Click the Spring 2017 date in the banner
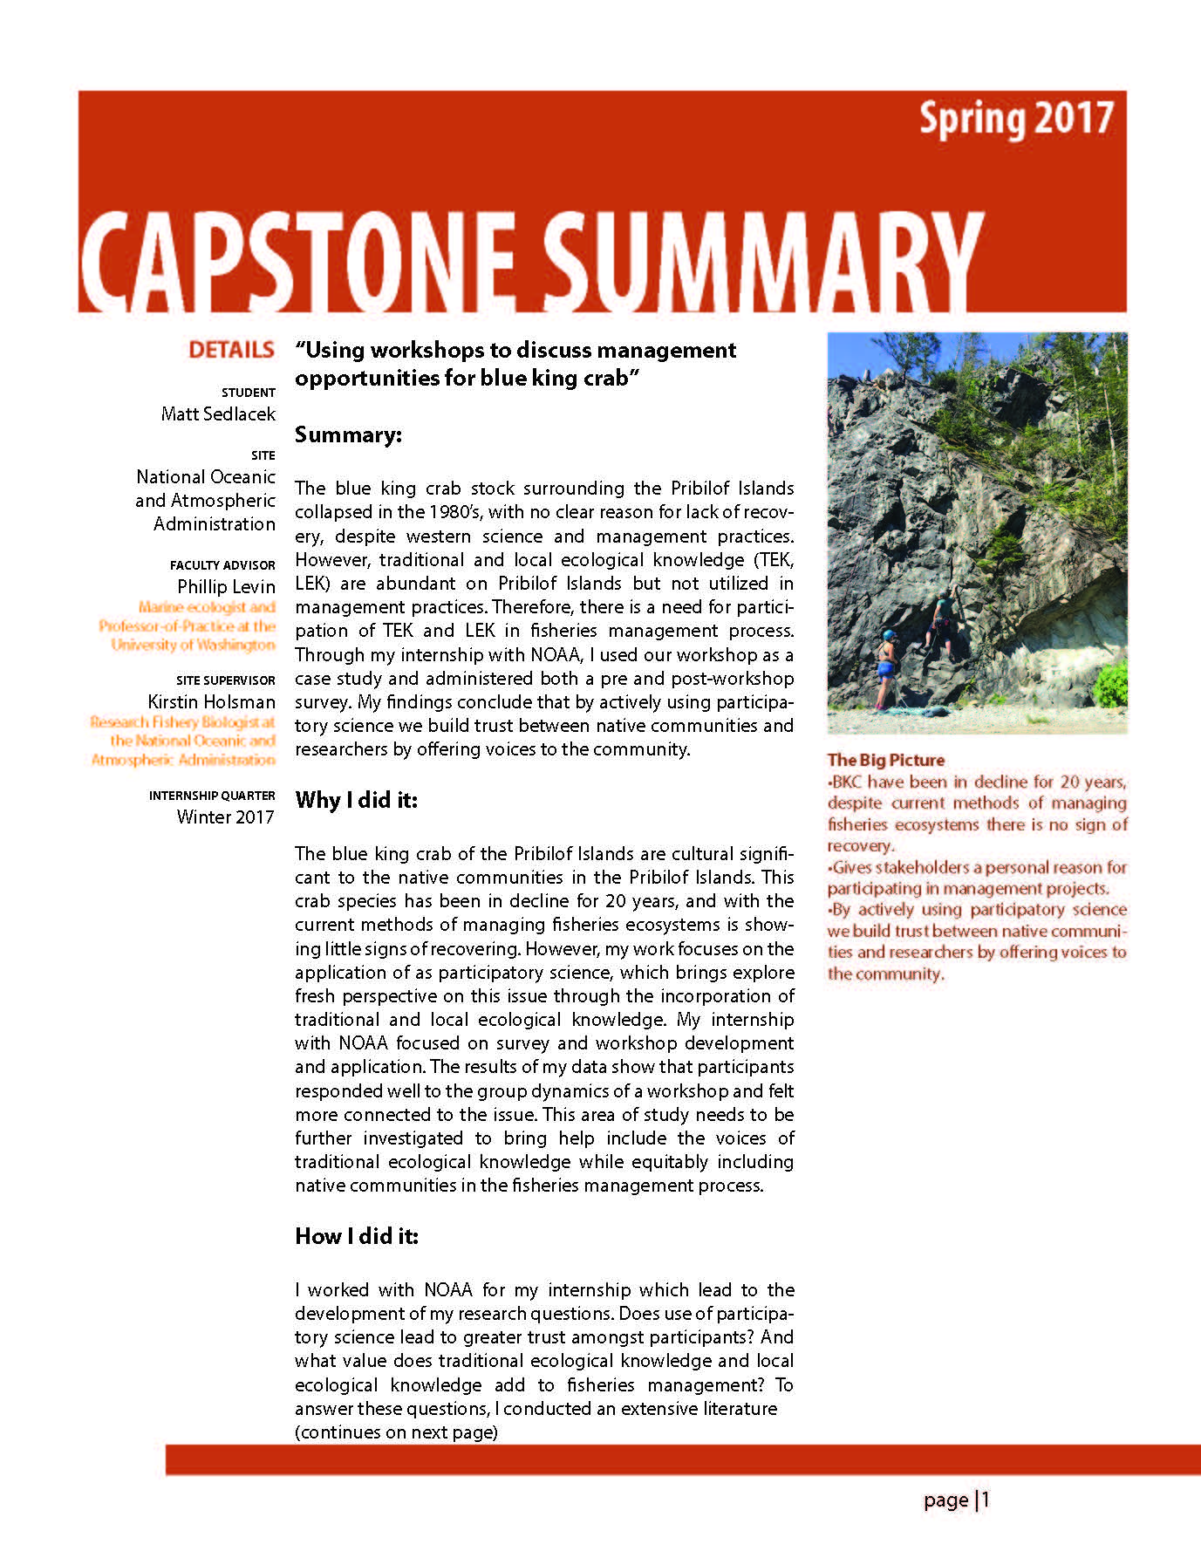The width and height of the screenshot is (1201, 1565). click(1016, 120)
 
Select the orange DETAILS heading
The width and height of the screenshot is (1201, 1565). click(231, 350)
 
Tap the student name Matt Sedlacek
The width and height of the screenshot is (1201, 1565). click(218, 413)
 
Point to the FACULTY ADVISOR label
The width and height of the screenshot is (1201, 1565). click(222, 565)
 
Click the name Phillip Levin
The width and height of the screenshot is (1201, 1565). click(226, 586)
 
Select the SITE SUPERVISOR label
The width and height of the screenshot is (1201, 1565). click(225, 680)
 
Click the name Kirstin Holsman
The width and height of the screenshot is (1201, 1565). click(211, 701)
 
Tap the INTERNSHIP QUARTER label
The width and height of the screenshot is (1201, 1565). click(212, 796)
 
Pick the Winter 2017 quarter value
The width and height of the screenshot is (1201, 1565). click(225, 817)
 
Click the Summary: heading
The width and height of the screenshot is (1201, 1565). click(348, 434)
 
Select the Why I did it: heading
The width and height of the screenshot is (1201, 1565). click(356, 800)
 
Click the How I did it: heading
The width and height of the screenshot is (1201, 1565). click(357, 1235)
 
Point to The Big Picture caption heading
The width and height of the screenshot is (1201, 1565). click(885, 760)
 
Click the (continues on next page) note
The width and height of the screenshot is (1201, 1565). click(396, 1432)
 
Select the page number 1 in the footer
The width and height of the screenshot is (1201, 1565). click(986, 1500)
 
